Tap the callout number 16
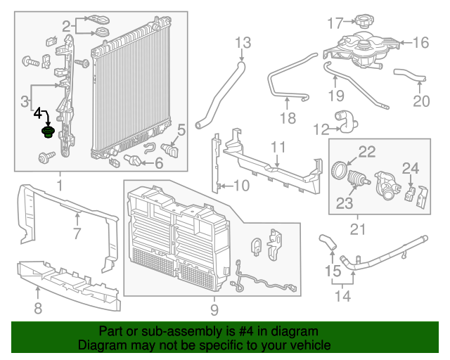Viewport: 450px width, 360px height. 420,43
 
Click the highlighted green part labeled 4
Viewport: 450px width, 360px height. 48,133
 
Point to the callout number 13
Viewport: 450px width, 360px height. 242,44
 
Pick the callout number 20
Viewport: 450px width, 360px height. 420,101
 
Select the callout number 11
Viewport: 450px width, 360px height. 278,147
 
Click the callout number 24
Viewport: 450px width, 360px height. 410,167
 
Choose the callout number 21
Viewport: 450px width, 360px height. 358,229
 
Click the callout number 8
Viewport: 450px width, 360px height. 38,307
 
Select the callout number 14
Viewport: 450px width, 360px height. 342,296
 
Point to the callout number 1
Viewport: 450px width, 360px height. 60,186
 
